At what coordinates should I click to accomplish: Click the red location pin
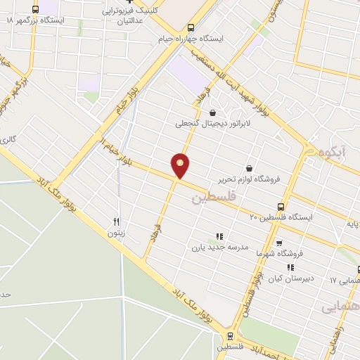(181, 165)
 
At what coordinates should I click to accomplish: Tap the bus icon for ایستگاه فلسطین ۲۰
(281, 207)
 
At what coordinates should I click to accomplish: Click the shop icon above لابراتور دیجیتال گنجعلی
(213, 112)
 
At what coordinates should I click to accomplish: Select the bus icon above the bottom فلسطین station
(231, 336)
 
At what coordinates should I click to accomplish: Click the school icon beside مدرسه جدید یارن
(219, 237)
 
